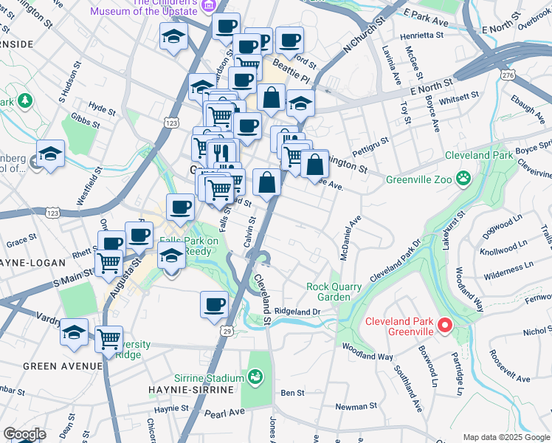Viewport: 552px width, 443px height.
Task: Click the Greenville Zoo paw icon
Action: pos(463,176)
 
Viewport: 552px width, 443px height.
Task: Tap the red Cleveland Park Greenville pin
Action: pos(444,324)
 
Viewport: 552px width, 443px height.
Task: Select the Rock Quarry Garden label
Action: pos(334,292)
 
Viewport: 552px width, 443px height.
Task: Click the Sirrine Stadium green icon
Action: pos(256,378)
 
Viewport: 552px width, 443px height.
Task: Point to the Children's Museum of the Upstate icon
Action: pos(208,4)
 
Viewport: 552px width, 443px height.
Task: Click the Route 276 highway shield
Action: pos(507,75)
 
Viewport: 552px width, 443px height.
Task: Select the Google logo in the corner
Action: pos(24,434)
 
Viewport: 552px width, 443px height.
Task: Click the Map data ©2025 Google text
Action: pos(506,437)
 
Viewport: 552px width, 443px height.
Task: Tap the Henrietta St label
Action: pos(421,35)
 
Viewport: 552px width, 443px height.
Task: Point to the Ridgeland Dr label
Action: pos(297,312)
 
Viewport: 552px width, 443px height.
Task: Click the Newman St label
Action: pos(356,406)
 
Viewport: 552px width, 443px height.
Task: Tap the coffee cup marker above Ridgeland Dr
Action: pos(215,303)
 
